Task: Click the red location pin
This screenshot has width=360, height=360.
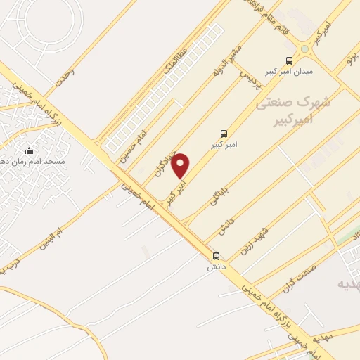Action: (x=181, y=166)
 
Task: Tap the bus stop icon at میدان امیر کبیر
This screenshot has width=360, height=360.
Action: (x=289, y=60)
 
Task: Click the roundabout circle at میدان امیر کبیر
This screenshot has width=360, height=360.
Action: (x=304, y=49)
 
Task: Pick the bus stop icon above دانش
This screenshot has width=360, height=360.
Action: (x=216, y=256)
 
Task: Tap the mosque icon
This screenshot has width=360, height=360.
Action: (x=29, y=150)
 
